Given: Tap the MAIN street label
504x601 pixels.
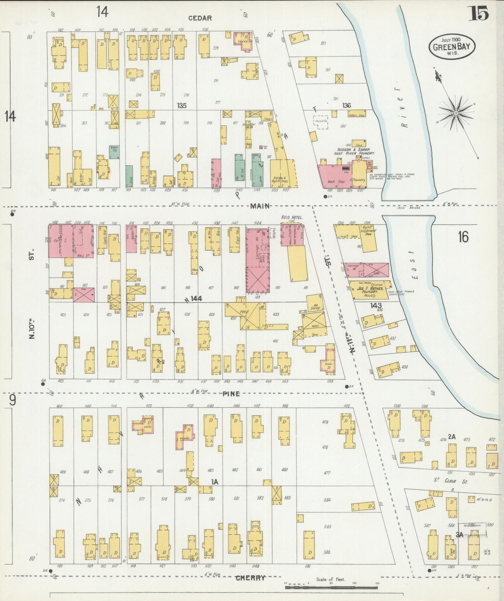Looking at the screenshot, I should tap(260, 206).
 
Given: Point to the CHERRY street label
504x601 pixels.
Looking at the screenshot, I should tap(250, 578).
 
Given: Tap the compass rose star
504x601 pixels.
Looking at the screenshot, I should tap(456, 113).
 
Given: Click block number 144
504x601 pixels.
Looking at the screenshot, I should tap(196, 299).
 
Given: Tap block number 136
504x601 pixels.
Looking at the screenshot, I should tap(346, 105).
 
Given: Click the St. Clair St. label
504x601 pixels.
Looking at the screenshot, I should tap(450, 481).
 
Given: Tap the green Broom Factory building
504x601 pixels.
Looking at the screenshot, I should tap(114, 152).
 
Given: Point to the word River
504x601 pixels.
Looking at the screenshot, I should tap(405, 111).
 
